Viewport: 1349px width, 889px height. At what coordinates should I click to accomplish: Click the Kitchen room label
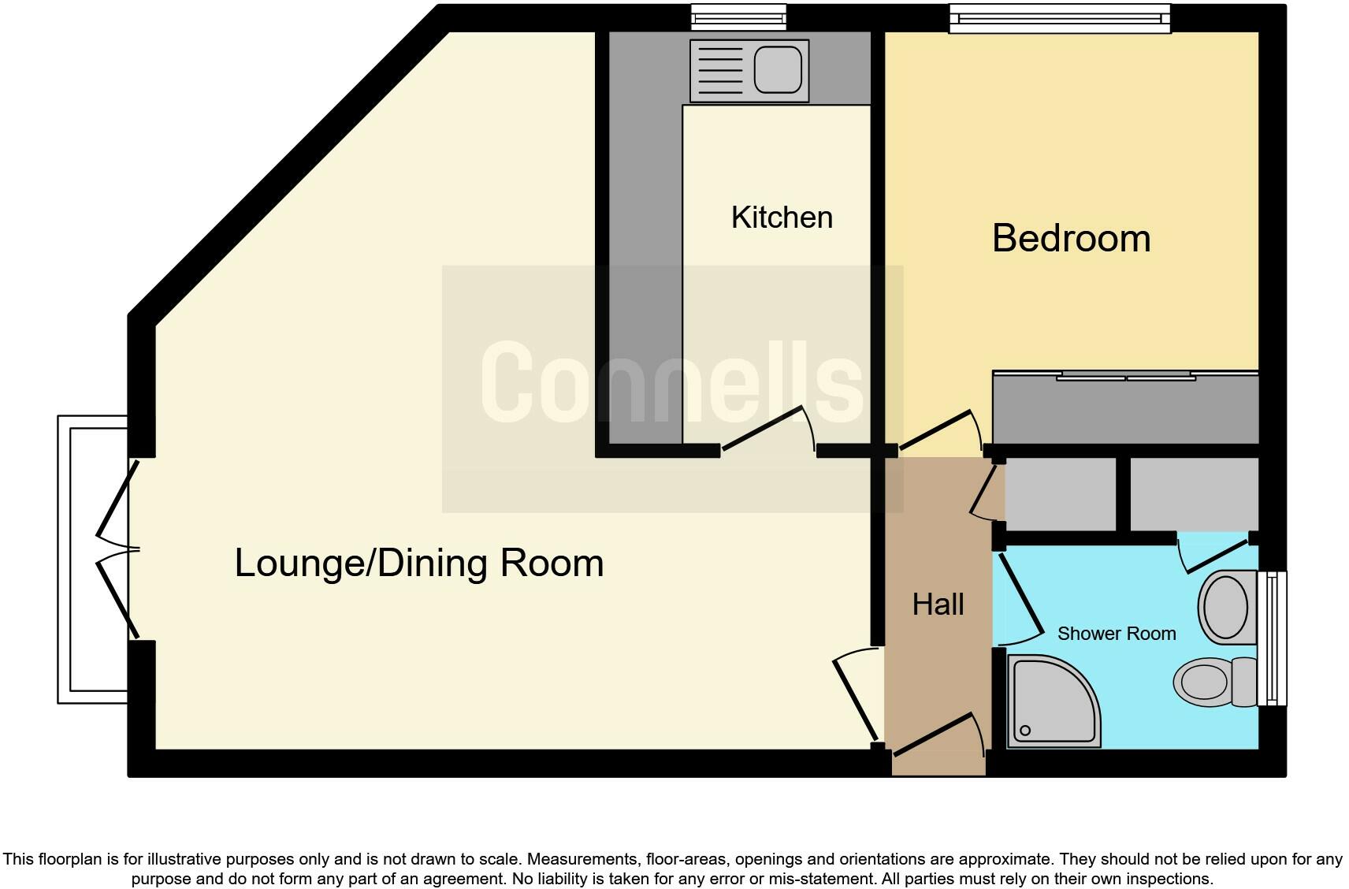click(x=782, y=218)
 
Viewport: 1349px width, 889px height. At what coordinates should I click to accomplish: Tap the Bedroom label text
click(x=1071, y=238)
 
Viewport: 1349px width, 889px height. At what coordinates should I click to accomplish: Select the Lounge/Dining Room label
click(x=418, y=564)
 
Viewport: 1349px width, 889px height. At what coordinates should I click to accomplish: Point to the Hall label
click(x=938, y=604)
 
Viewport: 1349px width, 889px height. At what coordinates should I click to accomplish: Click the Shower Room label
click(x=1116, y=634)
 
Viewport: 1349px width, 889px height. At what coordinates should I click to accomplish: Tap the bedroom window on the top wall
click(x=1059, y=18)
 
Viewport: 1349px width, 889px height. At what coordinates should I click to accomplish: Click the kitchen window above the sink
click(x=738, y=17)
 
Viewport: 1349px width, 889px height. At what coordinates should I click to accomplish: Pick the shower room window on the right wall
click(x=1272, y=638)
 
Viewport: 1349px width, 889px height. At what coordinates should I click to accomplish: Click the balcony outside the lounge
click(x=93, y=560)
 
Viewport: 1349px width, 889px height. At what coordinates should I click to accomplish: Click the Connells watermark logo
click(x=671, y=384)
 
